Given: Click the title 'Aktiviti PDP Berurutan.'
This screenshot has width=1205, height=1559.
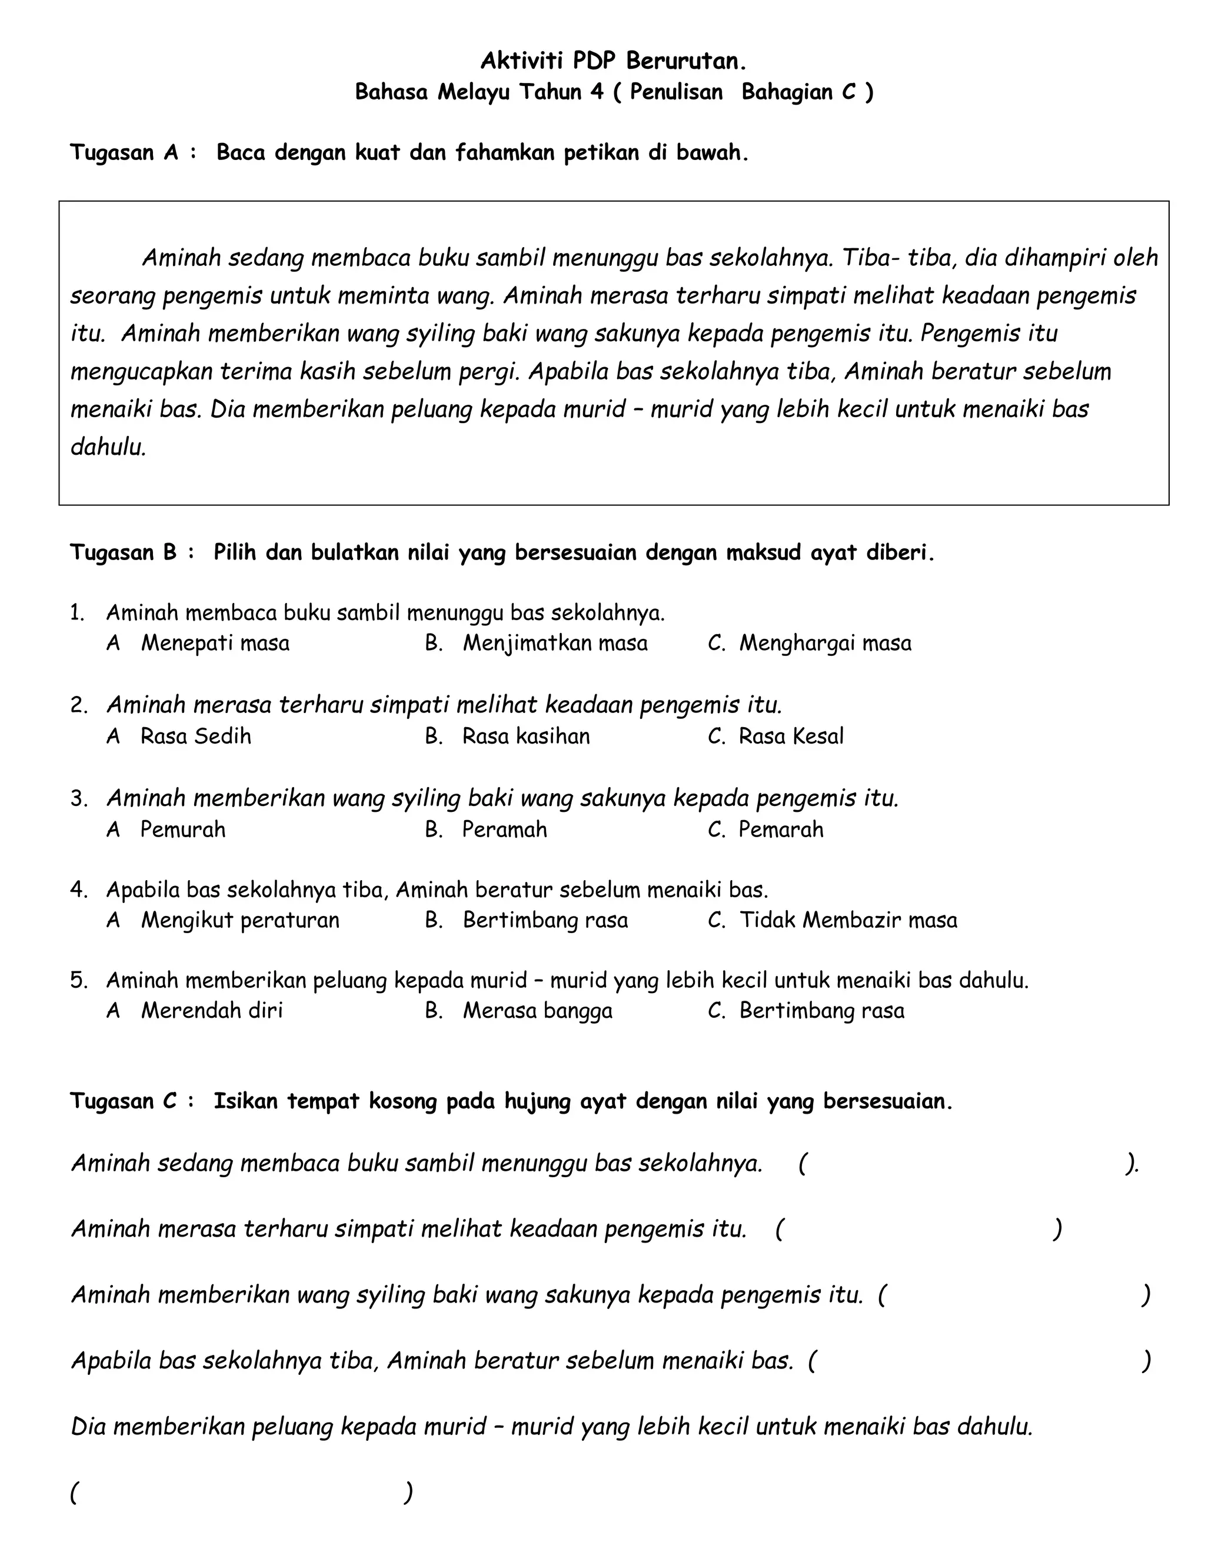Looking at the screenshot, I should pyautogui.click(x=613, y=61).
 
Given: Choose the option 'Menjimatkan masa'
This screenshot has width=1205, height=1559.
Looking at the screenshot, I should pyautogui.click(x=555, y=643).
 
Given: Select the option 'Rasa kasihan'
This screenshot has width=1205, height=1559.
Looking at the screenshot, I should pyautogui.click(x=525, y=736).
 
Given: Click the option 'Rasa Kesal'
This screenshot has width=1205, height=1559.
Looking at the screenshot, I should pyautogui.click(x=790, y=736).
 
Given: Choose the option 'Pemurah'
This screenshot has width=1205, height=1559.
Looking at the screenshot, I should pyautogui.click(x=183, y=830).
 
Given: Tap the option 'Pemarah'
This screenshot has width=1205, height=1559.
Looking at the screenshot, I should pyautogui.click(x=780, y=830).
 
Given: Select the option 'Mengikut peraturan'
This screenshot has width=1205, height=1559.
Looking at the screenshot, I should pyautogui.click(x=240, y=920).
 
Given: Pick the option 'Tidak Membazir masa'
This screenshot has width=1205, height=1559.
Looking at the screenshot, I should pyautogui.click(x=847, y=920).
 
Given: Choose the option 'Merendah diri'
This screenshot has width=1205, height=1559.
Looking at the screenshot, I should pyautogui.click(x=211, y=1011).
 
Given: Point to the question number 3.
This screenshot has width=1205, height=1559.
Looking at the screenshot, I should pyautogui.click(x=78, y=798).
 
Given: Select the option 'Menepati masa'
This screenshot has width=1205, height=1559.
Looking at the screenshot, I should pyautogui.click(x=215, y=643).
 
